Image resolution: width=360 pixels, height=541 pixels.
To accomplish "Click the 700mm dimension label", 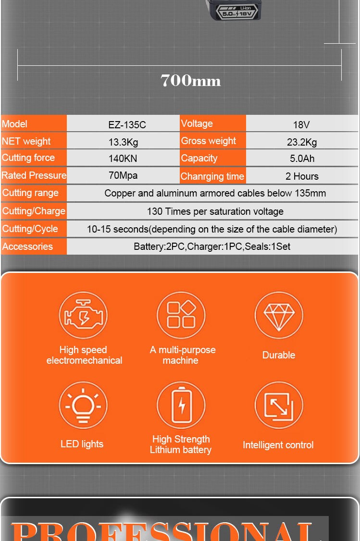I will pos(191,80).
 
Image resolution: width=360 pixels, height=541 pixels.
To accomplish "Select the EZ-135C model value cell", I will pos(127,125).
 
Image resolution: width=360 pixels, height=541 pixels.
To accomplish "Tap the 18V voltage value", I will pos(301,125).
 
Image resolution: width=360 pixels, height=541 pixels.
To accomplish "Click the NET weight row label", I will pos(26,141).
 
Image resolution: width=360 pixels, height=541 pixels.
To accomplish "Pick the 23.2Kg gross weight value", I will pos(302,142).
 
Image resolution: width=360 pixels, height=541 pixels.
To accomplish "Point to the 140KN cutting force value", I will pos(123,158).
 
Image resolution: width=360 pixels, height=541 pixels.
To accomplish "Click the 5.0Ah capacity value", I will pos(302,159).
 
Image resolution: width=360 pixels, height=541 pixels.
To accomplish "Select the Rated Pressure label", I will pos(34,175).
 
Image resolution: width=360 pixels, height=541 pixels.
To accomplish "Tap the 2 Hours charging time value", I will pos(302,176).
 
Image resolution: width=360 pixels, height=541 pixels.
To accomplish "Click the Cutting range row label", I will pos(30,193).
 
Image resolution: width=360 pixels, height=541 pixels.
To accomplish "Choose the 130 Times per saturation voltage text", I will pos(215,211).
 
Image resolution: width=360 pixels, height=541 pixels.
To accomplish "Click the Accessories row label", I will pos(27,246).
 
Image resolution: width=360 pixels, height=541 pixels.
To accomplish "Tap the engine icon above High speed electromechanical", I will pos(83,316).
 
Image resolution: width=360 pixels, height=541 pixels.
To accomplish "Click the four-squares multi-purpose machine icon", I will pos(181,315).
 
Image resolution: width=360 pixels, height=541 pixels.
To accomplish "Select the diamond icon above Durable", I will pos(279,316).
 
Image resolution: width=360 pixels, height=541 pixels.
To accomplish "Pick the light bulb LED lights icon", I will pos(83,406).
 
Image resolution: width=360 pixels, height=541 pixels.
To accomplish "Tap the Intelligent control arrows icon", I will pos(279,406).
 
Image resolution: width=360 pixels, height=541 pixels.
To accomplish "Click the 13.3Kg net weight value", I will pos(123,142).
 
